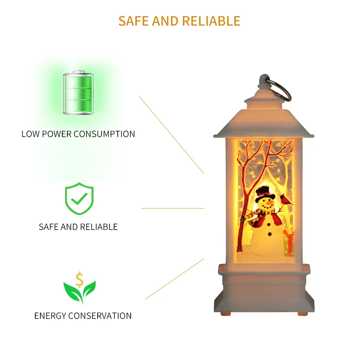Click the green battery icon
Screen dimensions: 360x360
pos(78,94)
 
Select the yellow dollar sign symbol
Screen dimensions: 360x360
pos(80,279)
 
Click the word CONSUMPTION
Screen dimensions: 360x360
pos(104,134)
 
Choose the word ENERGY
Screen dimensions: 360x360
pos(50,316)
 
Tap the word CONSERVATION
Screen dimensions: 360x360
pos(100,316)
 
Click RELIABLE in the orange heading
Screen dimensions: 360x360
pos(211,21)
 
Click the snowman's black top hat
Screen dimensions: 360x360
pos(265,193)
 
